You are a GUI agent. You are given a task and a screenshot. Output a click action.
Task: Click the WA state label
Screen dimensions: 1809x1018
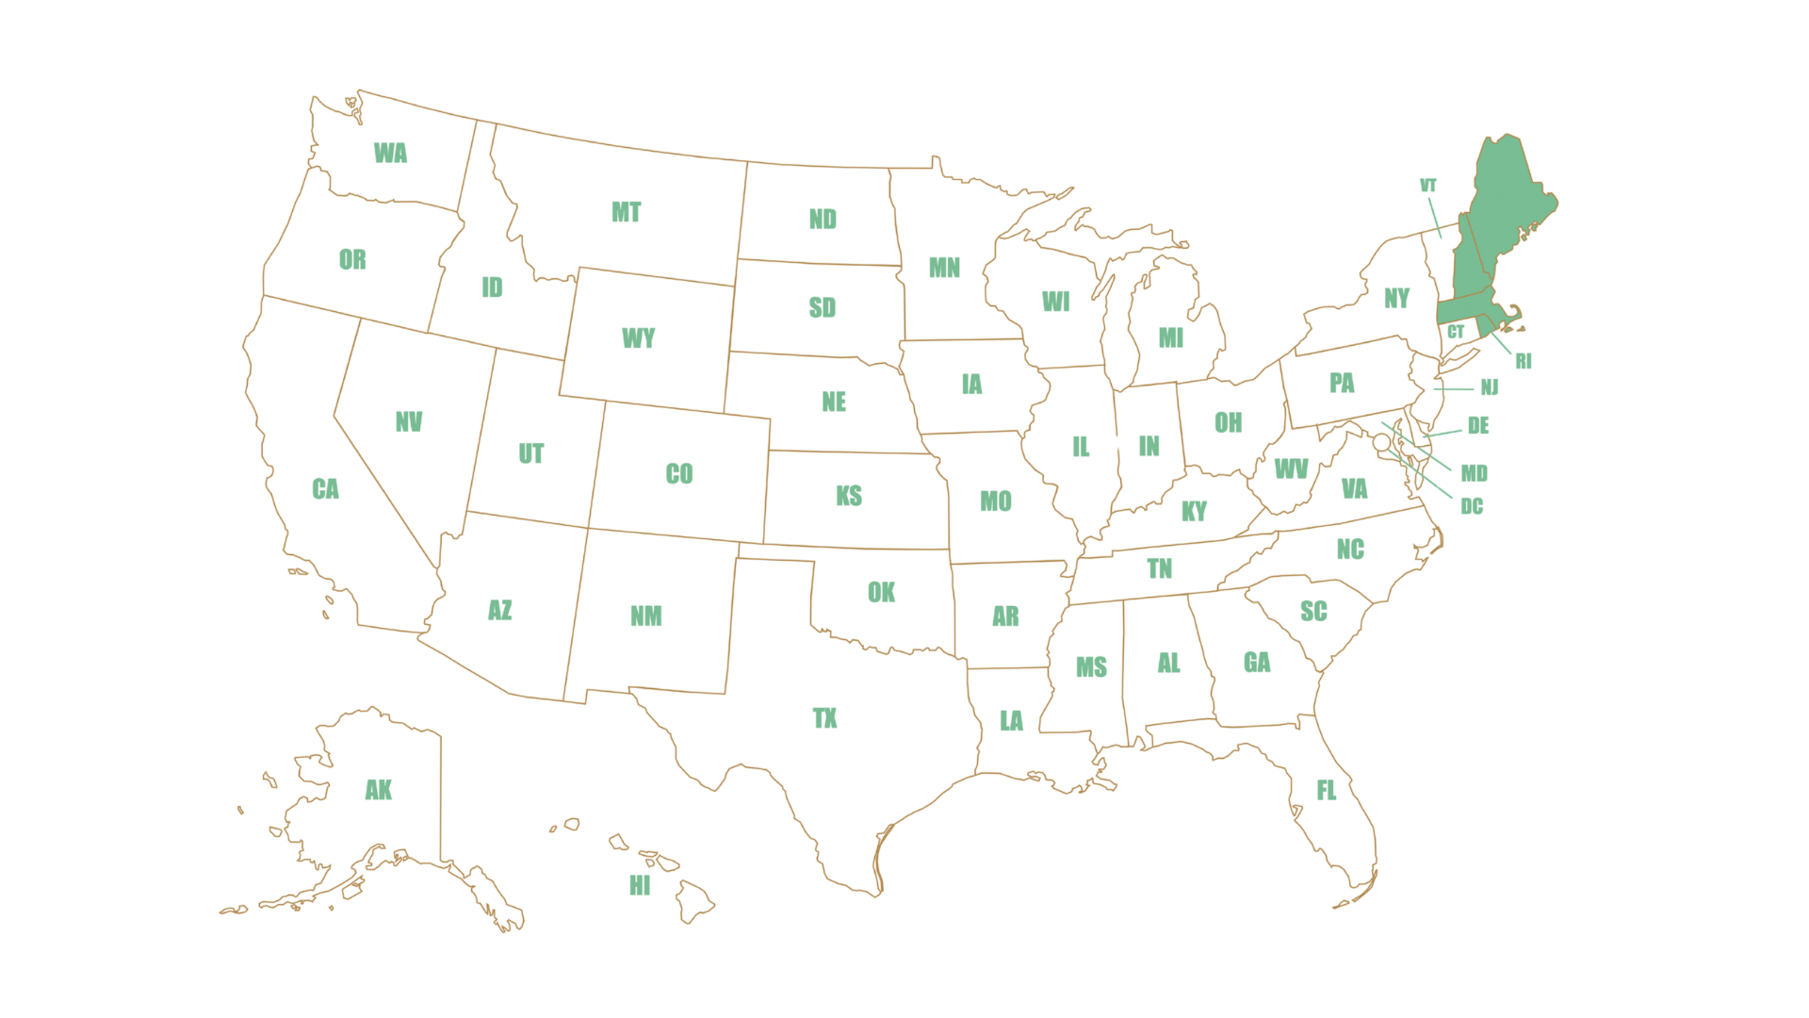pos(390,153)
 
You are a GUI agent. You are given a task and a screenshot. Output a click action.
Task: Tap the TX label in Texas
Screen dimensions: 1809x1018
pos(824,718)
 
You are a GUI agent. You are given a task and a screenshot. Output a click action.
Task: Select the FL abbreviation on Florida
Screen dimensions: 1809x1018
pos(1327,790)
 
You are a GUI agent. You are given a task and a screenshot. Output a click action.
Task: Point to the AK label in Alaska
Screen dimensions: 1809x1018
pos(379,790)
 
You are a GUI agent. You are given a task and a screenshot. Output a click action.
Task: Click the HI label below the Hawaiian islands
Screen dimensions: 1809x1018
pos(640,886)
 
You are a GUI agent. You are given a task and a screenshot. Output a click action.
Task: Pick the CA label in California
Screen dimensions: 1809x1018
pos(325,488)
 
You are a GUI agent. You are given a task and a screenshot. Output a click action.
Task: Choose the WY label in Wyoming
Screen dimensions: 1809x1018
pos(638,338)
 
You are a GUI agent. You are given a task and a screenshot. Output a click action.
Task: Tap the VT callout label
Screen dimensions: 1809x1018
pos(1428,186)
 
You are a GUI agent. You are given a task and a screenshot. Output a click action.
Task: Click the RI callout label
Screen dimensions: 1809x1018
pos(1524,360)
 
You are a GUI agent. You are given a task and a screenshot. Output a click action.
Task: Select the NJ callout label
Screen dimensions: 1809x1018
pos(1490,387)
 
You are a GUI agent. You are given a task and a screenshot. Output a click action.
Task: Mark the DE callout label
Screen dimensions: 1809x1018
pos(1479,425)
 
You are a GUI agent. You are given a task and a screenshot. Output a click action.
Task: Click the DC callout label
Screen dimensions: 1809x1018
pos(1472,507)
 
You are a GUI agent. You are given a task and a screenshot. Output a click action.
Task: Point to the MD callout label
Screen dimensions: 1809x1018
pos(1474,472)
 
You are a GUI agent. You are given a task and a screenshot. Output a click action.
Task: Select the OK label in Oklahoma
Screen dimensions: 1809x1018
pos(881,592)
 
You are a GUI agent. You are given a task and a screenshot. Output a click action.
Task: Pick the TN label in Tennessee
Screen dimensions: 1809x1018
pos(1160,567)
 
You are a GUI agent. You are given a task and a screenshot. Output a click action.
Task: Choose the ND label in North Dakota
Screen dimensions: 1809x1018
pos(823,220)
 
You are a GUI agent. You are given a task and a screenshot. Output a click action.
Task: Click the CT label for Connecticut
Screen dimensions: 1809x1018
pos(1456,332)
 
